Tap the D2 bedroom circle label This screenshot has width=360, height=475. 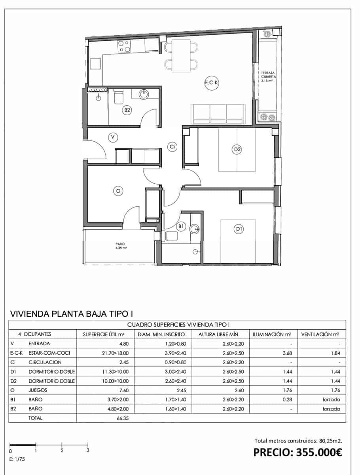[x=237, y=149]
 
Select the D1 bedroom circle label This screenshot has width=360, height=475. [x=239, y=229]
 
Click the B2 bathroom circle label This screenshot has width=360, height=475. [x=127, y=110]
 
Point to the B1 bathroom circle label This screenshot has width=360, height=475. [x=181, y=226]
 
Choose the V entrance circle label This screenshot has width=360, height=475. [x=113, y=137]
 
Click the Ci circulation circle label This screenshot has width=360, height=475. [x=172, y=146]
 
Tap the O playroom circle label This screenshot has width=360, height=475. [x=117, y=191]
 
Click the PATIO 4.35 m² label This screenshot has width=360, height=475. [x=120, y=246]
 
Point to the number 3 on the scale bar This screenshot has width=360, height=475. [x=88, y=450]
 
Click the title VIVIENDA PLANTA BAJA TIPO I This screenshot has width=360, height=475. [x=71, y=314]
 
